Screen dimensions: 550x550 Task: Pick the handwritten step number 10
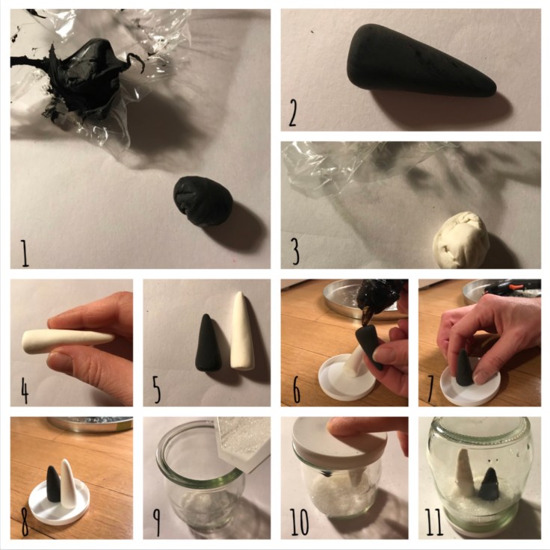[x=299, y=522]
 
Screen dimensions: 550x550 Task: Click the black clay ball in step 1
[x=203, y=200]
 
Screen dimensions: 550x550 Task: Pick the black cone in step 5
[x=206, y=343]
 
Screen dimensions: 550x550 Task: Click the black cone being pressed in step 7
[x=464, y=368]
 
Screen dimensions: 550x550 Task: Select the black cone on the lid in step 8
[x=55, y=486]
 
